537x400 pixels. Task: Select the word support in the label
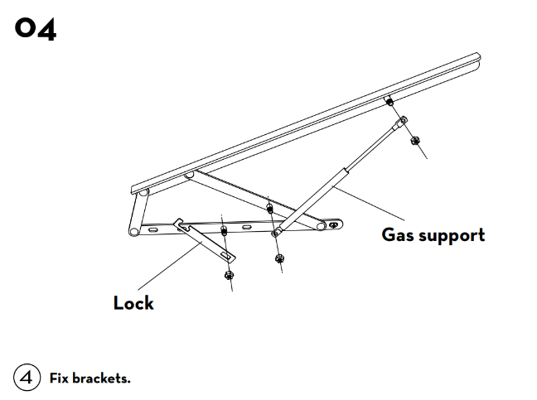[453, 235]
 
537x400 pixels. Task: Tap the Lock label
[133, 303]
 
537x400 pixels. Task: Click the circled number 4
[27, 378]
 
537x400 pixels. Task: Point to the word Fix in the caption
[59, 378]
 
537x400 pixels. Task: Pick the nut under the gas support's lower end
[278, 258]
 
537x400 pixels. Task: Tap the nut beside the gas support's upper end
[414, 140]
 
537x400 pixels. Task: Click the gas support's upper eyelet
[402, 123]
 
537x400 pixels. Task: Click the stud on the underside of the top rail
[388, 102]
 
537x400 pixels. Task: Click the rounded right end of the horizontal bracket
[333, 224]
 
